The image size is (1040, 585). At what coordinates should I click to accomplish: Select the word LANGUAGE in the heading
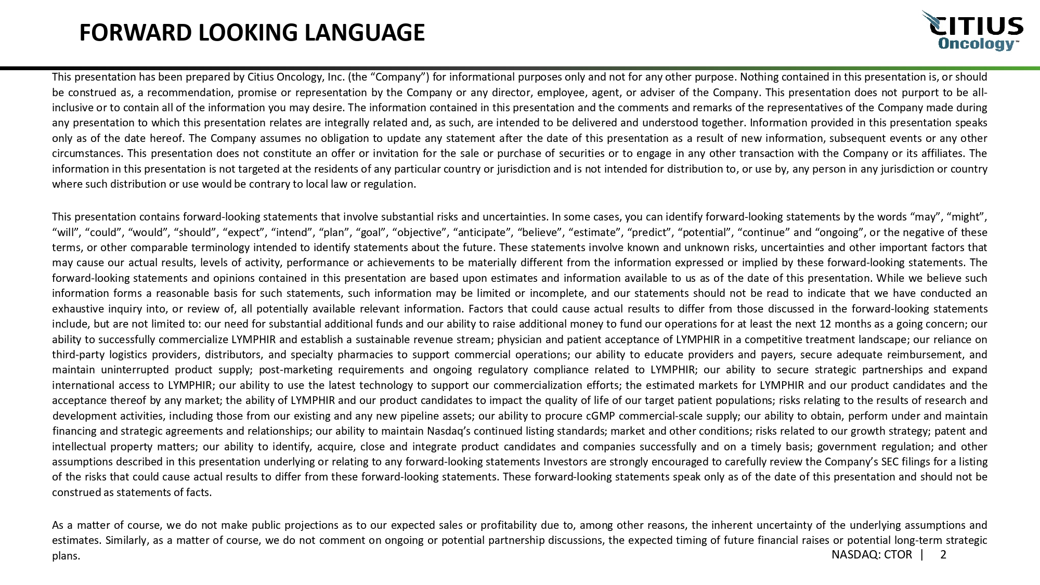point(364,33)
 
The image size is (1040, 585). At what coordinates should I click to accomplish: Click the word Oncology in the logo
point(976,44)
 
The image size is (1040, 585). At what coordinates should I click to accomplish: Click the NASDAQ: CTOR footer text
point(872,555)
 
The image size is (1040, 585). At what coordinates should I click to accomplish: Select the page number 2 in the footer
point(943,555)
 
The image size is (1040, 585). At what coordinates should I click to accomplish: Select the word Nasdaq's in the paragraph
point(448,431)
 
